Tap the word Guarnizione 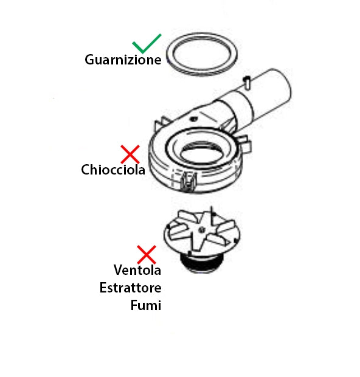coord(123,60)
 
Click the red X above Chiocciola coord(130,154)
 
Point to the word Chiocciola coord(113,170)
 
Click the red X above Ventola coord(147,255)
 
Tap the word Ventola coord(137,270)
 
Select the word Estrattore coord(130,288)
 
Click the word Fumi coord(146,305)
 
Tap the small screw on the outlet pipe coord(247,82)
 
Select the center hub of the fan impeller coord(201,230)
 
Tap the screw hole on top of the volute coord(193,119)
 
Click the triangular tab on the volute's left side coord(161,124)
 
